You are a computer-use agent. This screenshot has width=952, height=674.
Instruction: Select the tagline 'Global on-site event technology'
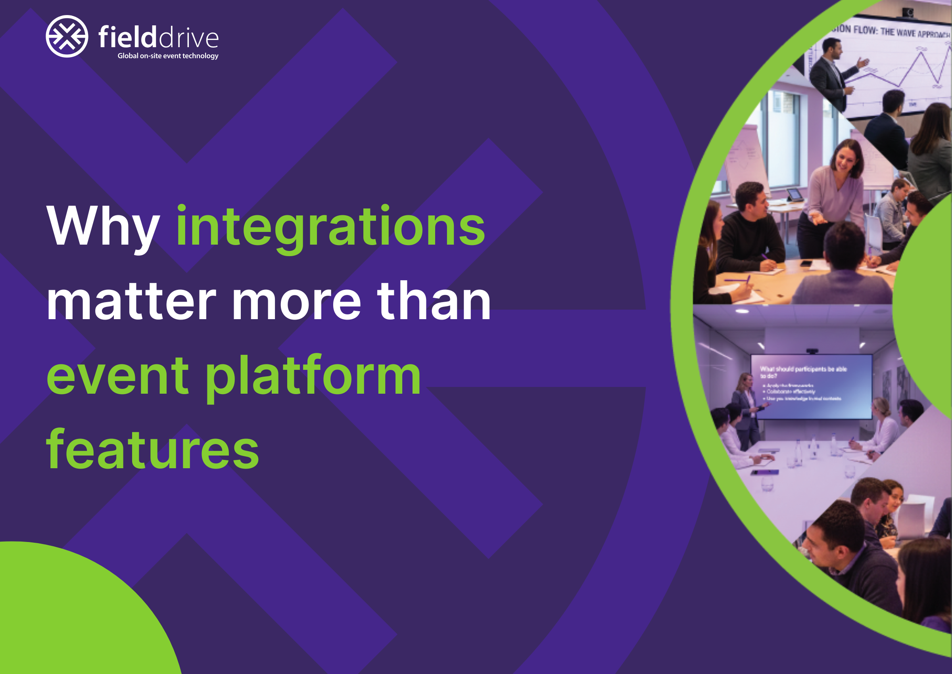pyautogui.click(x=168, y=56)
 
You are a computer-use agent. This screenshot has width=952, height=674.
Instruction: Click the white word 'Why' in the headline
pyautogui.click(x=103, y=226)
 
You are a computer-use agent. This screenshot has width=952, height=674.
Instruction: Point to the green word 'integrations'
pyautogui.click(x=330, y=226)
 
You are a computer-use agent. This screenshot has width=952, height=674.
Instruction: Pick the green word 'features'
pyautogui.click(x=152, y=450)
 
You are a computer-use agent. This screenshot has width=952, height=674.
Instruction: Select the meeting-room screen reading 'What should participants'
pyautogui.click(x=811, y=386)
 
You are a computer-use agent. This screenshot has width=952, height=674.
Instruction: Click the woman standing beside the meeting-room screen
pyautogui.click(x=747, y=411)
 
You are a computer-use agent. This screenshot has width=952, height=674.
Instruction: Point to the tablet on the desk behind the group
pyautogui.click(x=794, y=194)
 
